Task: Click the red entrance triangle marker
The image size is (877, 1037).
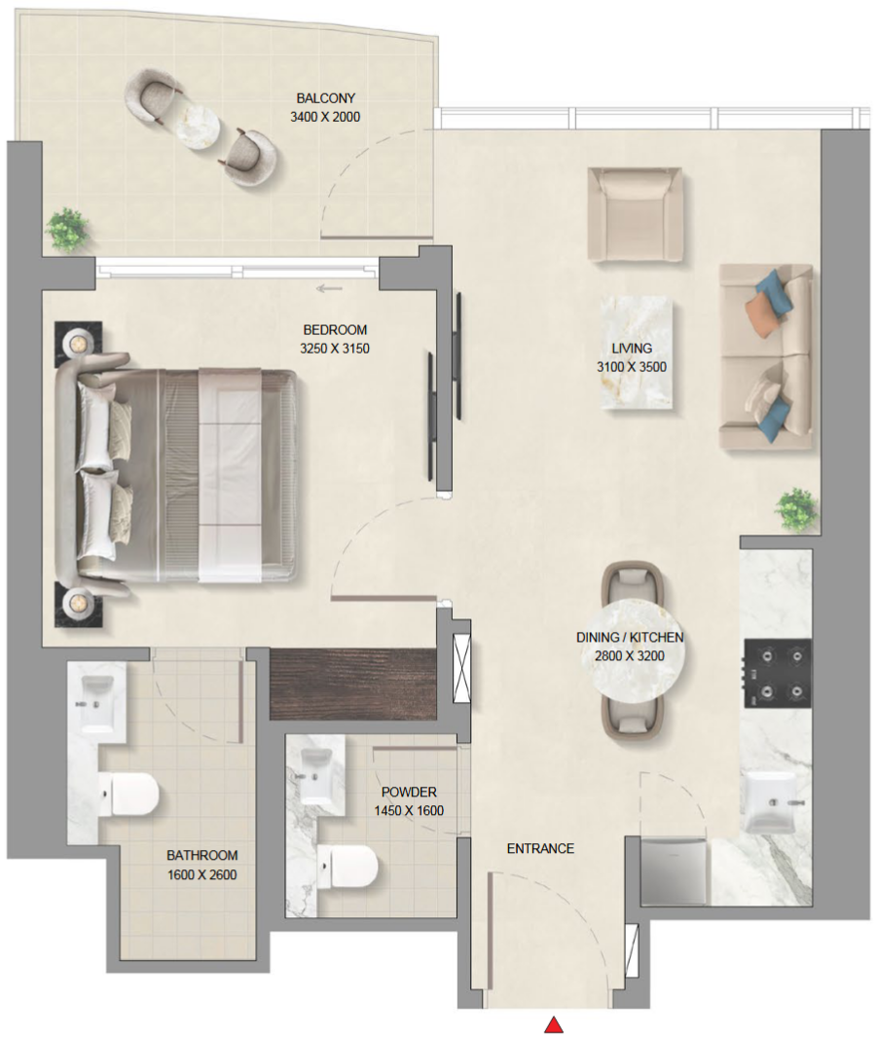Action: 554,1024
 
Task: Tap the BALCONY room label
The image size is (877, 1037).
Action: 325,98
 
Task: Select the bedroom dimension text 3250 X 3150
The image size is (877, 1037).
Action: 335,349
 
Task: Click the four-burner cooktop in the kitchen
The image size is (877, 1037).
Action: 778,673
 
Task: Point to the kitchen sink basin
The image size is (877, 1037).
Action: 770,801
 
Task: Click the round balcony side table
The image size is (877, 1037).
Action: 197,127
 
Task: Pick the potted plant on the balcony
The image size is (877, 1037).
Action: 67,230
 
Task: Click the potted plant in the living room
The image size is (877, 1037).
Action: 797,509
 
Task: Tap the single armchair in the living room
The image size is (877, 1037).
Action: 635,214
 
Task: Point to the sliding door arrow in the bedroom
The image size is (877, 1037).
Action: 329,288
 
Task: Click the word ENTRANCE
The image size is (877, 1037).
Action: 540,848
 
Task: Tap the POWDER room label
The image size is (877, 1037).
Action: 409,792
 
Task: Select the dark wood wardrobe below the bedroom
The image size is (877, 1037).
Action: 353,684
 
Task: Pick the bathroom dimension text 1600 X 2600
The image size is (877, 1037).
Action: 201,875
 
